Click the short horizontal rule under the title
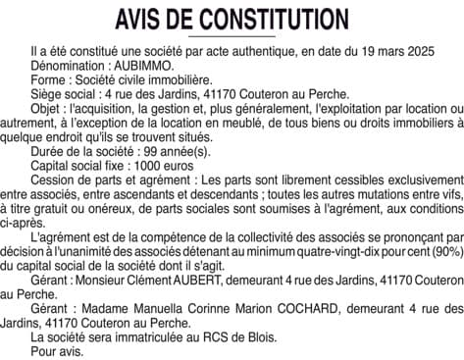pos(232,36)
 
